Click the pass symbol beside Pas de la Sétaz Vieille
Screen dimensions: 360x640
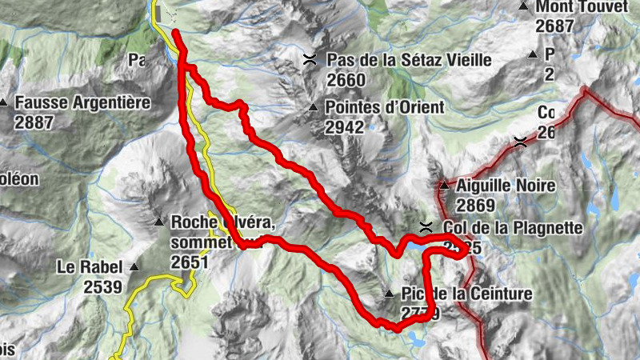point(310,58)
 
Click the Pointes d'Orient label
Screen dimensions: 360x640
point(385,106)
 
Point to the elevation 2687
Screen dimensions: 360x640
point(556,26)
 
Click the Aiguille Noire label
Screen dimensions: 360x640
point(505,186)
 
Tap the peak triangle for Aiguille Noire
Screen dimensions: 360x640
point(444,186)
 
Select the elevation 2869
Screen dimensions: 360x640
point(476,206)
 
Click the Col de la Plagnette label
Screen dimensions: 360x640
point(512,227)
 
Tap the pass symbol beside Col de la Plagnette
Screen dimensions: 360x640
point(426,226)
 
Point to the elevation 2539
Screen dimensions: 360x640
point(102,286)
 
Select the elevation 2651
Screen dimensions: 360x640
point(190,262)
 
